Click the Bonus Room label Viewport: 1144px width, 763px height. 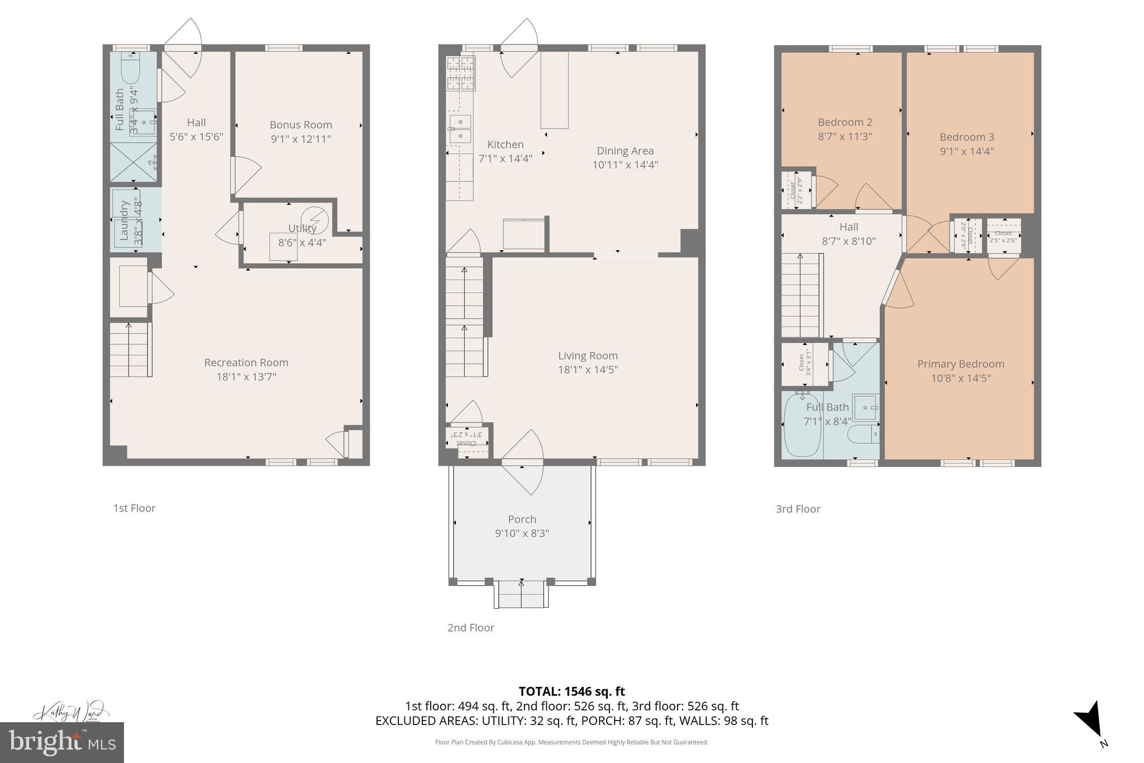[301, 125]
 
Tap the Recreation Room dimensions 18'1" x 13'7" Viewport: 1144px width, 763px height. [246, 377]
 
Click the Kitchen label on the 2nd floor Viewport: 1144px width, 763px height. [505, 144]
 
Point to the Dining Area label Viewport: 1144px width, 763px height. [625, 150]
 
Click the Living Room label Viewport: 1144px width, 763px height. [588, 356]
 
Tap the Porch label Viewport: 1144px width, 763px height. [522, 519]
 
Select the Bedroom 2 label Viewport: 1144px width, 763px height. [845, 122]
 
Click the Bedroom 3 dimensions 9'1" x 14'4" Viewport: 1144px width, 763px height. [966, 151]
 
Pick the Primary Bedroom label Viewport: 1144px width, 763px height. [960, 364]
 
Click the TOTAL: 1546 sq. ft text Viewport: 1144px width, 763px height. [571, 691]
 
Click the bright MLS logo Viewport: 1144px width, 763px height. [61, 742]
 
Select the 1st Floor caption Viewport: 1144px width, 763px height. [134, 508]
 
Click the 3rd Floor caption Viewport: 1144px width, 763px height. [798, 509]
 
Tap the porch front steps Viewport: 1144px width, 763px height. [521, 594]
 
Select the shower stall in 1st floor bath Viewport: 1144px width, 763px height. [133, 162]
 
